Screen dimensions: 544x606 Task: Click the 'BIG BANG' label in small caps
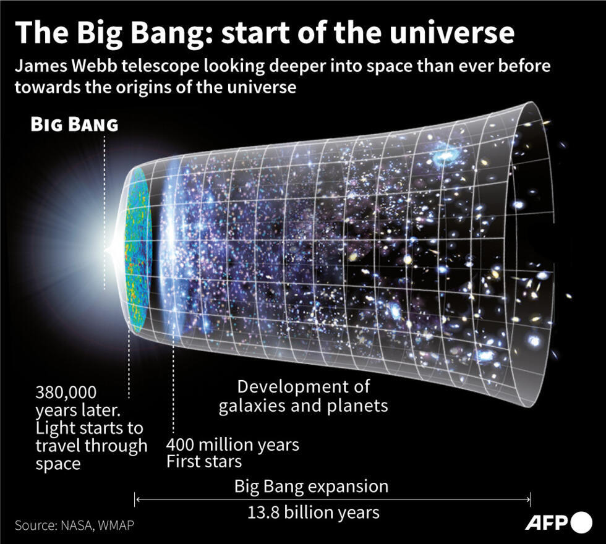[x=74, y=124]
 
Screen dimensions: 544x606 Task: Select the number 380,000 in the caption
[x=67, y=393]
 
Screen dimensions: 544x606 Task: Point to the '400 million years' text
[x=233, y=444]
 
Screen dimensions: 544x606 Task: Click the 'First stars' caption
[x=204, y=461]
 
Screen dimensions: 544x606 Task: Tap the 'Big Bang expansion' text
[x=311, y=486]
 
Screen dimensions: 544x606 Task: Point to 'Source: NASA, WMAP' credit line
[x=74, y=525]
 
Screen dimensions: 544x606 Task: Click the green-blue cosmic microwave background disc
[x=137, y=247]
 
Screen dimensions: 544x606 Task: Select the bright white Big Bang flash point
[x=109, y=250]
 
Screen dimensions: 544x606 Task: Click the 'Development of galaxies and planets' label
[x=303, y=396]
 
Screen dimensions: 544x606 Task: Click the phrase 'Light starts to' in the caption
[x=89, y=428]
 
